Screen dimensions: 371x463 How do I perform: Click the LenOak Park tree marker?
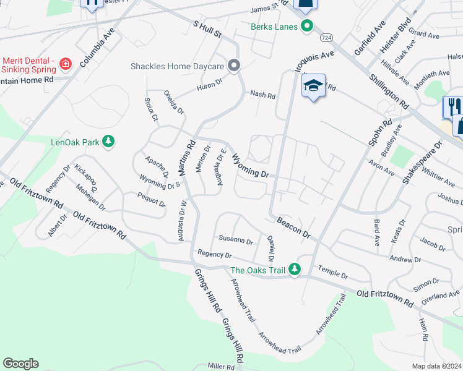point(109,142)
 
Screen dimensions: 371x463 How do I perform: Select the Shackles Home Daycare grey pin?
point(233,65)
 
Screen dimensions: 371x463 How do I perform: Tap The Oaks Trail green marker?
point(295,270)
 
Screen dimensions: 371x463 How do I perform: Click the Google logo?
point(20,364)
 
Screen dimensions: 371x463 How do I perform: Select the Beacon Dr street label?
point(293,227)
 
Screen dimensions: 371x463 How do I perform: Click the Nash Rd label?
point(262,94)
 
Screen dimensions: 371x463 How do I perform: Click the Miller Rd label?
point(221,367)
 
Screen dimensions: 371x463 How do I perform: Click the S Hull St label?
point(207,28)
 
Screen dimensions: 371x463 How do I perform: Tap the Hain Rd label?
point(423,330)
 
